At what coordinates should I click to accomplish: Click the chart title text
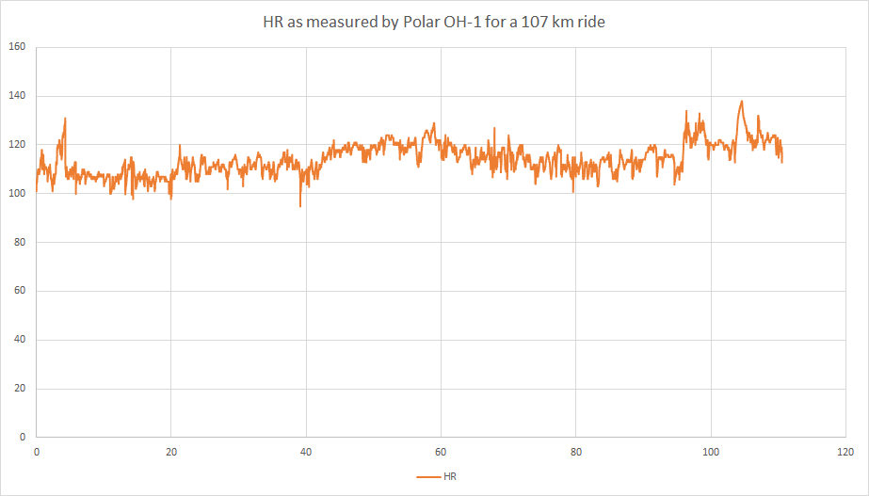pyautogui.click(x=433, y=22)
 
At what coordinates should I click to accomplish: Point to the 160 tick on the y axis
pyautogui.click(x=16, y=47)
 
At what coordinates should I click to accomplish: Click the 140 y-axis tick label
pyautogui.click(x=16, y=96)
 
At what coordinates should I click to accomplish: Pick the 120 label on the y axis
pyautogui.click(x=16, y=145)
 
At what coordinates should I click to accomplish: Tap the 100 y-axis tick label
pyautogui.click(x=16, y=194)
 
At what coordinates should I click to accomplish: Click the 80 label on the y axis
pyautogui.click(x=19, y=243)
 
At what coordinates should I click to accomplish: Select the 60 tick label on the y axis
pyautogui.click(x=19, y=291)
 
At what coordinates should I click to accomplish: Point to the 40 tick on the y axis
pyautogui.click(x=19, y=340)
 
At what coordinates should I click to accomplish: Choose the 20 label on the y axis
pyautogui.click(x=19, y=389)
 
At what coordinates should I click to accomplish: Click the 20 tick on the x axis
pyautogui.click(x=170, y=451)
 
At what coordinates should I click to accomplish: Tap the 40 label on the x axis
pyautogui.click(x=306, y=451)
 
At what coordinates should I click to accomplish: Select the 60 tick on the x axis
pyautogui.click(x=441, y=451)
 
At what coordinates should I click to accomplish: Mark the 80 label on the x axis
pyautogui.click(x=575, y=451)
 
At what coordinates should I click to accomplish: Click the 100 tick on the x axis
pyautogui.click(x=711, y=451)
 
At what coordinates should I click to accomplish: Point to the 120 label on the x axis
pyautogui.click(x=845, y=451)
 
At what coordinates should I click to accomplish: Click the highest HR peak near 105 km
pyautogui.click(x=742, y=101)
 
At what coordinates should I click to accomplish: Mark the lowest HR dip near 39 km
pyautogui.click(x=300, y=206)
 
